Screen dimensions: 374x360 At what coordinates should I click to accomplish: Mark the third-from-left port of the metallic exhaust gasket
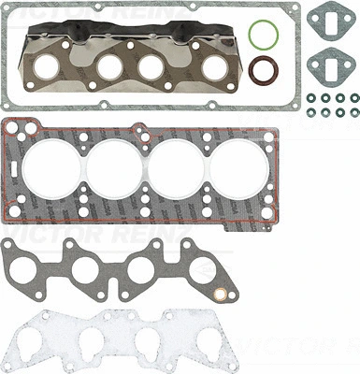154,68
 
